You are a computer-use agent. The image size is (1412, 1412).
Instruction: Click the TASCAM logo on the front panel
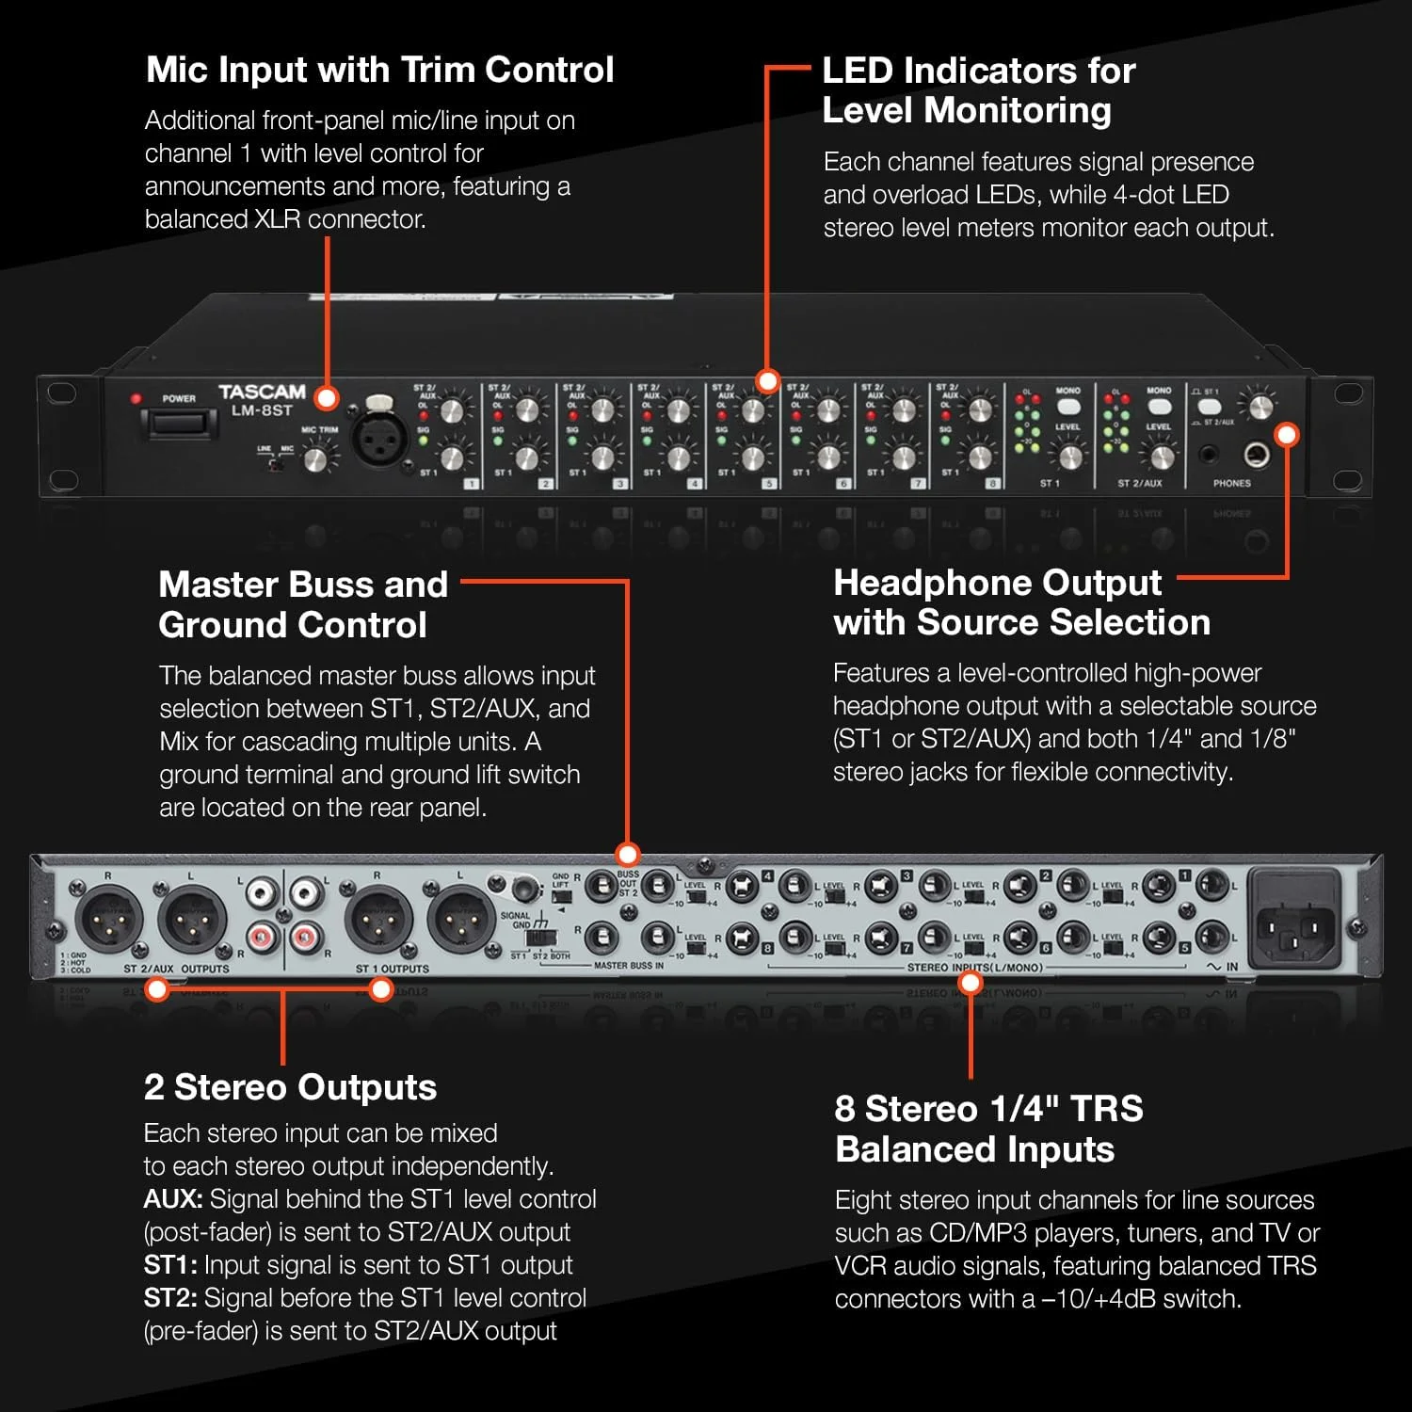[262, 392]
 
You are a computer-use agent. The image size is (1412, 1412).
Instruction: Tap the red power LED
[136, 398]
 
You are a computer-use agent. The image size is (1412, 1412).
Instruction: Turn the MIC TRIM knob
[319, 458]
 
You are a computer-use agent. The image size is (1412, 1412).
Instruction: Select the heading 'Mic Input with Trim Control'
[380, 70]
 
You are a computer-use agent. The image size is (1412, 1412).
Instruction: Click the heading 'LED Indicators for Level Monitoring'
[978, 90]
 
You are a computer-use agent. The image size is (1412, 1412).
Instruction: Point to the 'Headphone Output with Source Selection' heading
[1021, 602]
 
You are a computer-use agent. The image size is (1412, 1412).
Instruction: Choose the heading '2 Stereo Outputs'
[290, 1087]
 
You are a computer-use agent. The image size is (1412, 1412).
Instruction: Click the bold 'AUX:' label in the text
[173, 1199]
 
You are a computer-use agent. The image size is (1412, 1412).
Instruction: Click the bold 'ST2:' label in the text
[170, 1298]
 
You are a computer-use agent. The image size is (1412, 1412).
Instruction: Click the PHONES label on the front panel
[1231, 483]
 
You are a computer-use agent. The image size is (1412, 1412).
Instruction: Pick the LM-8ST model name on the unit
[262, 411]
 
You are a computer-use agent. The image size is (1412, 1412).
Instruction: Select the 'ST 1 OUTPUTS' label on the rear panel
[392, 969]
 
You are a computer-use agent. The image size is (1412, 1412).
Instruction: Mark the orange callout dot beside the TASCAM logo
[327, 398]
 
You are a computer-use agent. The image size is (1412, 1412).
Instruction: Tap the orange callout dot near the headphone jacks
[1287, 435]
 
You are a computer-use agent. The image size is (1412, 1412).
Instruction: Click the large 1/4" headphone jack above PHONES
[1257, 456]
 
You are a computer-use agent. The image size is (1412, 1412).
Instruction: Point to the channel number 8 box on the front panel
[992, 483]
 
